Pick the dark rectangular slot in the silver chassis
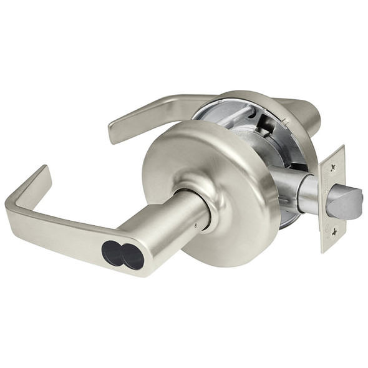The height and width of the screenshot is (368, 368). pos(265,127)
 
